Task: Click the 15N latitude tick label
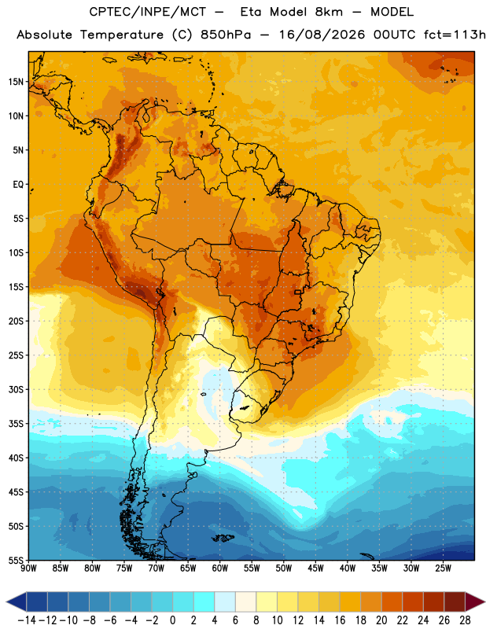pos(16,82)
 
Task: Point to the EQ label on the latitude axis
pos(18,185)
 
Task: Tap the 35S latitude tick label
pos(16,424)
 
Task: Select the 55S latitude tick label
pos(16,560)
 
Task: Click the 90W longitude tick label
pos(28,568)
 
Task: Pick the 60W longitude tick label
pos(220,568)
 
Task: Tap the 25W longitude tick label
pos(443,568)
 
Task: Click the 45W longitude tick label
pos(315,568)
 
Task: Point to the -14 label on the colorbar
pos(27,620)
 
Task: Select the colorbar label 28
pos(465,620)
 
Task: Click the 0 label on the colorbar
pos(172,620)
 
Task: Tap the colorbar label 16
pos(340,620)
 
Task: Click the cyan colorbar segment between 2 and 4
pos(204,602)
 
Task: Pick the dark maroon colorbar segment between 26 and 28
pos(455,602)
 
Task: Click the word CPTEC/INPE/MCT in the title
pos(148,12)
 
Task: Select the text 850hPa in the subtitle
pos(226,35)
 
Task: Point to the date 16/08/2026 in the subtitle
pos(322,35)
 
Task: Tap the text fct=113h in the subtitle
pos(455,35)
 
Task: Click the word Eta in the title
pos(251,12)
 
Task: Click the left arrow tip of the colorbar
pos(6,602)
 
